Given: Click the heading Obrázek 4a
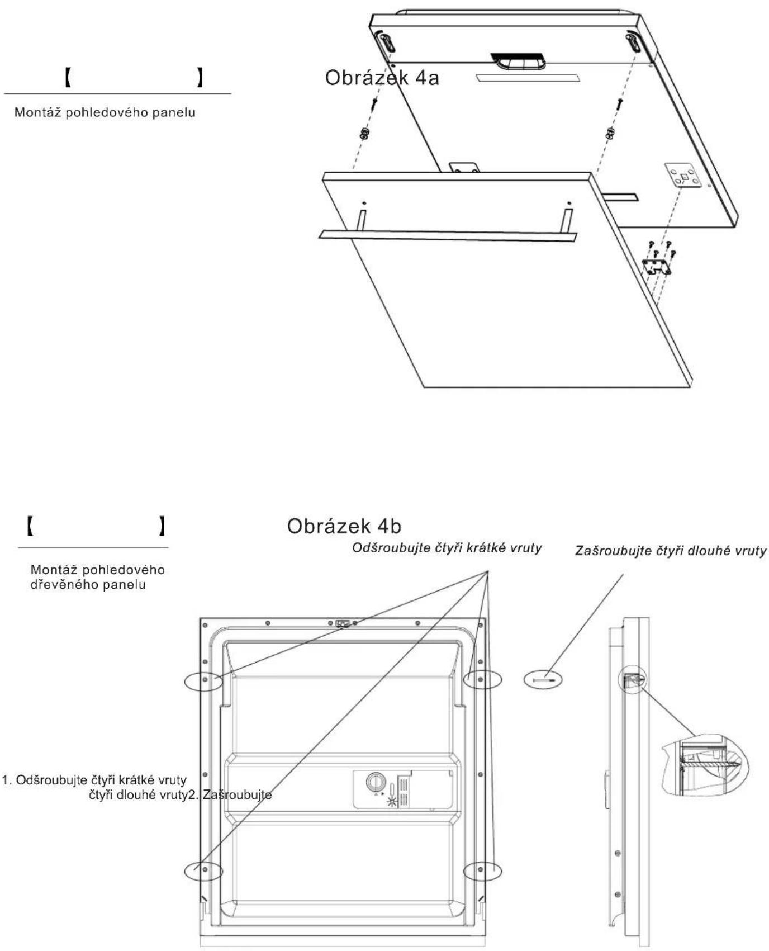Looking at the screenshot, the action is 382,78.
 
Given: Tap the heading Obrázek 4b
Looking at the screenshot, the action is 344,526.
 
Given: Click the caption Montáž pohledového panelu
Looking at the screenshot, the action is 105,112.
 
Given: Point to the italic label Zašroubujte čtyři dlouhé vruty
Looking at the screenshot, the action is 671,551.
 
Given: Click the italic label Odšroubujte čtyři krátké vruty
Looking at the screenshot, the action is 447,548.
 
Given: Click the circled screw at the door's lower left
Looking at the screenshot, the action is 204,870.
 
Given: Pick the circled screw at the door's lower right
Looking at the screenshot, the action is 482,870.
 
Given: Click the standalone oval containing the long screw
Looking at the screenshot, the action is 543,680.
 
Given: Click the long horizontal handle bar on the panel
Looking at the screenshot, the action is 447,235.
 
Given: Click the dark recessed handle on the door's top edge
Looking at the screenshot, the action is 516,61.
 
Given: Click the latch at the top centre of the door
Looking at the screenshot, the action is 343,623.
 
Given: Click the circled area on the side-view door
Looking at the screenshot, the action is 631,680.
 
